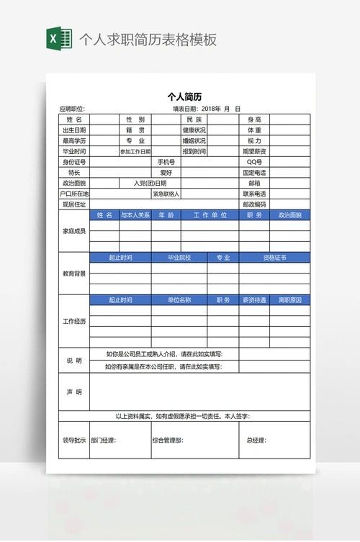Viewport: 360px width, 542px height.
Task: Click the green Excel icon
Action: coord(59,39)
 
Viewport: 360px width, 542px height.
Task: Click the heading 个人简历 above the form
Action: coord(184,96)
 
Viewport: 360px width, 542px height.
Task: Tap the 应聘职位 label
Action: coord(72,109)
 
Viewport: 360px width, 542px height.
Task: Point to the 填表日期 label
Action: coord(185,109)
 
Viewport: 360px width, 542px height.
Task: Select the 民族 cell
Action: coord(194,119)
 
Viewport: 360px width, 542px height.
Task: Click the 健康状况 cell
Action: coord(194,130)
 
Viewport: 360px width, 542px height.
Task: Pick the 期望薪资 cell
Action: coord(255,152)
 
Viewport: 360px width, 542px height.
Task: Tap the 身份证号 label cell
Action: coord(74,162)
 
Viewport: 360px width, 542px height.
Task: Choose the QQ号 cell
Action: coord(255,162)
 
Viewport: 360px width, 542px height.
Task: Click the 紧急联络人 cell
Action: coord(166,194)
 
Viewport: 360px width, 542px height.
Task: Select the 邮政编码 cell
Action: coord(255,204)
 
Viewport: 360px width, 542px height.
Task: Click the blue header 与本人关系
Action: coord(135,215)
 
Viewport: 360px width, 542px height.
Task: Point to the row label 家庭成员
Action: coord(74,231)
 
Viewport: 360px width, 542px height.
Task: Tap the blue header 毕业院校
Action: coord(179,258)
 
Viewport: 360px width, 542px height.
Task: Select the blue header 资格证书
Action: coord(274,258)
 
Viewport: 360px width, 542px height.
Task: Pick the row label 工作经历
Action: coord(74,321)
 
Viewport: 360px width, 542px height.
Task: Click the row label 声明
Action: coord(74,392)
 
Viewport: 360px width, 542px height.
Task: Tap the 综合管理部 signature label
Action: coord(167,441)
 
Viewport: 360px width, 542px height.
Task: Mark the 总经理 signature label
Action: coord(256,441)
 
